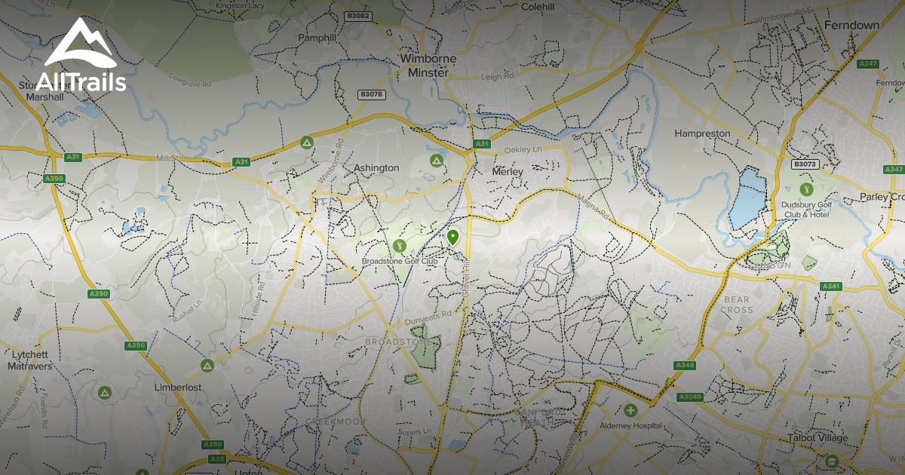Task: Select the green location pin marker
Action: (452, 238)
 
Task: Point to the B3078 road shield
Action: (372, 94)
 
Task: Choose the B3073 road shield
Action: (805, 164)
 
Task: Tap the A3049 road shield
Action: (689, 397)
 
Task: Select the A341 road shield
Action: (830, 287)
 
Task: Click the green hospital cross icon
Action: (630, 410)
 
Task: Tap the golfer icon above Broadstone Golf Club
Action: (399, 246)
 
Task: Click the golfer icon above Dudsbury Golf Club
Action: (806, 188)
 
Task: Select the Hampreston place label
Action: (702, 133)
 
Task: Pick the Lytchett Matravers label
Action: (28, 360)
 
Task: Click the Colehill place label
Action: (538, 8)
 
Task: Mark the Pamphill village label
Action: (317, 37)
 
